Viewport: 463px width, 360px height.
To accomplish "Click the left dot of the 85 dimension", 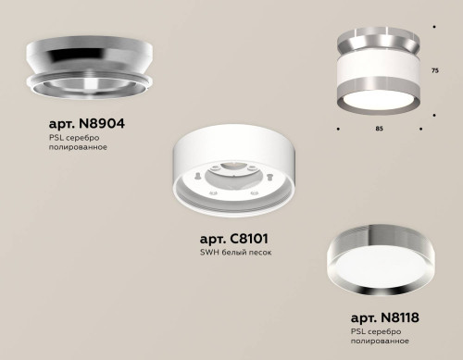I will point(337,128).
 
